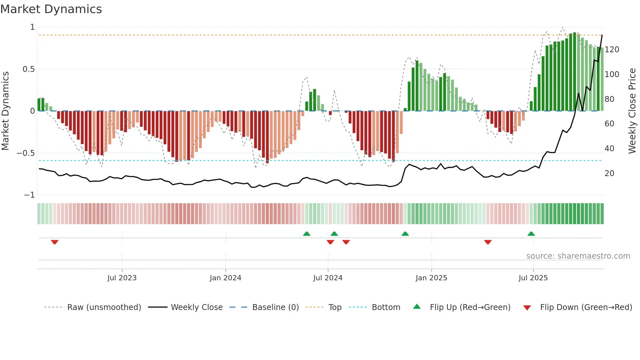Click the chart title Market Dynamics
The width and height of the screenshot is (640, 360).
pos(51,9)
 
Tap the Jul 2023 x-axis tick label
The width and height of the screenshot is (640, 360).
pos(122,278)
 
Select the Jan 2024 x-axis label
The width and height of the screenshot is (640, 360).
pos(225,278)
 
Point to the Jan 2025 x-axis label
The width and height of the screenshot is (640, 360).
pos(431,278)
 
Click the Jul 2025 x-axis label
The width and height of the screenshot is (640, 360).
pos(533,278)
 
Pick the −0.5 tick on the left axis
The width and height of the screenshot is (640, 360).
pos(25,153)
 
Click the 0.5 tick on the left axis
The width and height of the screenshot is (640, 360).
pos(28,69)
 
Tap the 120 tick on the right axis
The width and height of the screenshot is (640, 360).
pos(612,50)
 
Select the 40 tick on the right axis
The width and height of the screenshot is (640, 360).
pos(609,149)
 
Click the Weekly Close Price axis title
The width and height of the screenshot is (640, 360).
pos(632,111)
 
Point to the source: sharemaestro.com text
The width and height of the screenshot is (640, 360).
pos(578,256)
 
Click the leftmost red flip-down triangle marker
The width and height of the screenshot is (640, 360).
pos(55,242)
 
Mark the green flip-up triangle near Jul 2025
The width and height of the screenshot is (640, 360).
pos(531,234)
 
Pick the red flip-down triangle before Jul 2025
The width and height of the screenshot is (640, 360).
pos(488,242)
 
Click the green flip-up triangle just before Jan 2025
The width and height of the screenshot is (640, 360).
pos(405,234)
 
